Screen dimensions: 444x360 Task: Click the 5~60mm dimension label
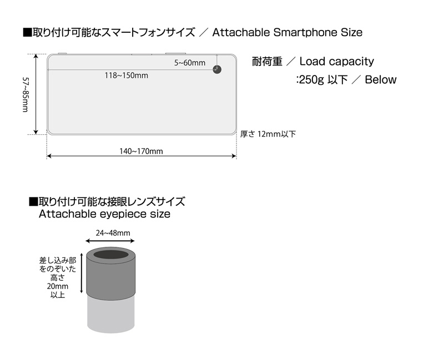(x=190, y=63)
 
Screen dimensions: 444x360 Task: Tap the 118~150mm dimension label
(x=127, y=75)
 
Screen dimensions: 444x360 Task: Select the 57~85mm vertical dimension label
(x=26, y=94)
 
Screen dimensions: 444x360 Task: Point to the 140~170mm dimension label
(x=141, y=151)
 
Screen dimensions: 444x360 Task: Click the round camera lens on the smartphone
(x=217, y=69)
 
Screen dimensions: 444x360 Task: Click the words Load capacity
(x=337, y=62)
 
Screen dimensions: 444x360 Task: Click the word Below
(x=381, y=79)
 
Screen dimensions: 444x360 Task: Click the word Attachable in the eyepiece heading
(x=67, y=214)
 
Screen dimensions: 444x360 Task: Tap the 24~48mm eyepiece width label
(x=113, y=233)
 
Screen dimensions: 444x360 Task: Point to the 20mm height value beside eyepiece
(x=58, y=286)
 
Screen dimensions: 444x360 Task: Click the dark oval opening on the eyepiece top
(x=111, y=255)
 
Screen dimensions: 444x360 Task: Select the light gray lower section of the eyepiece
(x=110, y=314)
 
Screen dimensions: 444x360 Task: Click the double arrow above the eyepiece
(x=110, y=241)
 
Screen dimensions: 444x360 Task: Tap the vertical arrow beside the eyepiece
(x=82, y=273)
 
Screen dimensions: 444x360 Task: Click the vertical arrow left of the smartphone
(x=36, y=94)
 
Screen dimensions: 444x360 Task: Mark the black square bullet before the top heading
(x=27, y=33)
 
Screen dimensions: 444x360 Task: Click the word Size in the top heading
(x=351, y=33)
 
